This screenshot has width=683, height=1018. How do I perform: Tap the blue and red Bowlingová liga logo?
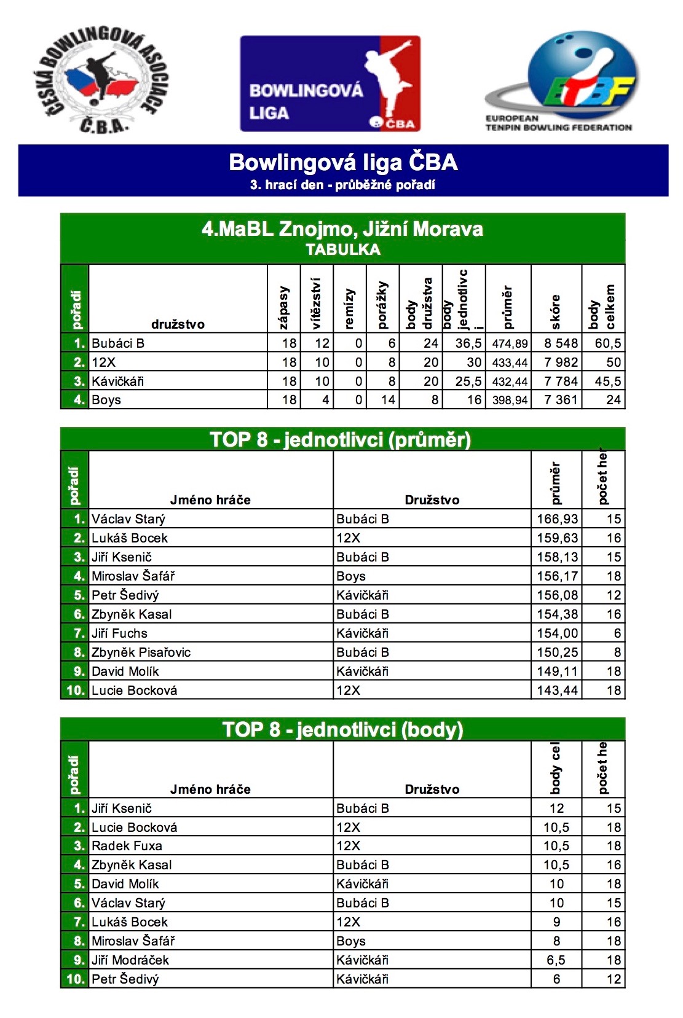coord(330,84)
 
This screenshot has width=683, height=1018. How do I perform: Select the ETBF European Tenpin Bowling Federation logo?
coord(559,81)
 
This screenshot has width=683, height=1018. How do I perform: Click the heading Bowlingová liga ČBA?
coord(343,163)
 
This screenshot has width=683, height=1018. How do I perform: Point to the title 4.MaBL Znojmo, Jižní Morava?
coord(342,230)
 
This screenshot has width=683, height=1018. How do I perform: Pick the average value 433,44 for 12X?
coord(510,362)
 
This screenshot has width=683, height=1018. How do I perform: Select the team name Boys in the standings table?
coord(106,400)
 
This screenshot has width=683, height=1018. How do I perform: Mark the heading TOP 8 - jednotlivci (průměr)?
coord(341,440)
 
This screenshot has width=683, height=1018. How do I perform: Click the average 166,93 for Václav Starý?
coord(557,519)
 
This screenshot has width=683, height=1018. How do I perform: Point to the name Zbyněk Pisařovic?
coord(141,652)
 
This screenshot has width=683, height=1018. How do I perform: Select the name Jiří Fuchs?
coord(119,633)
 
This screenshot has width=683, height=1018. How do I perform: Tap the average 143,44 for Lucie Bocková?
coord(557,691)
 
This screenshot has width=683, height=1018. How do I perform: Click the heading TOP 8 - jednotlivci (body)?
coord(342,730)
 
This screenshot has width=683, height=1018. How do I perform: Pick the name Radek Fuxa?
coord(127,846)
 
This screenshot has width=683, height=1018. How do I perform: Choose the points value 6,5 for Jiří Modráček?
coord(556,960)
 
